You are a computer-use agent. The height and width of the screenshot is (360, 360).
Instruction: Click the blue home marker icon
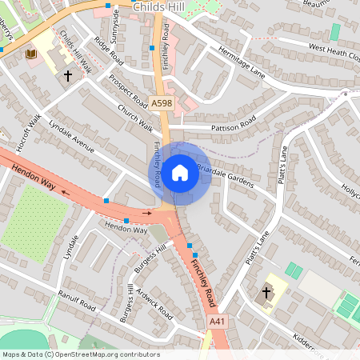click(180, 173)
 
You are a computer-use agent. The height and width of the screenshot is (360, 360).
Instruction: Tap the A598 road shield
click(161, 102)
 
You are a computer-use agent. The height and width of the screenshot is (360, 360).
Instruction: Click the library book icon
click(31, 54)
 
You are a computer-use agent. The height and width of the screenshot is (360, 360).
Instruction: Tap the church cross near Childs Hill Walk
click(68, 76)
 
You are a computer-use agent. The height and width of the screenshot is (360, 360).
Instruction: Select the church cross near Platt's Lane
click(266, 293)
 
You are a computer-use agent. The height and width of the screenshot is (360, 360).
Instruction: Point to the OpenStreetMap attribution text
click(81, 354)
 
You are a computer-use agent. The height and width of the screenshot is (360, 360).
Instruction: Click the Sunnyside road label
click(118, 26)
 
